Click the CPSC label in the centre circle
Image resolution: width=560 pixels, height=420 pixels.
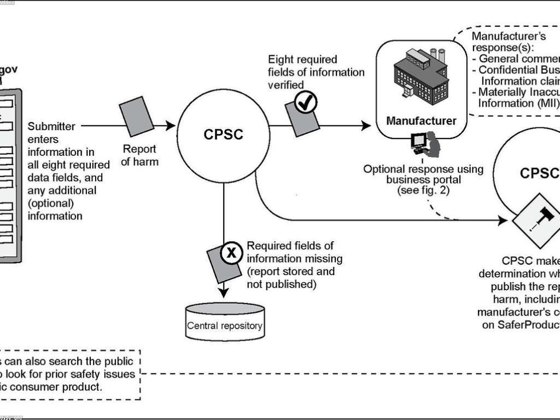pyautogui.click(x=223, y=135)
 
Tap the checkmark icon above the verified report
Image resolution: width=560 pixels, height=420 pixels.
pyautogui.click(x=306, y=102)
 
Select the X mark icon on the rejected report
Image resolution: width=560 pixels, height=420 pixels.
pyautogui.click(x=232, y=252)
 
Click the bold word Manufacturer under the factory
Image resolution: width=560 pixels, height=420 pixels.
pyautogui.click(x=421, y=121)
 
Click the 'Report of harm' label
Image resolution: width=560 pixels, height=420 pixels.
pyautogui.click(x=139, y=155)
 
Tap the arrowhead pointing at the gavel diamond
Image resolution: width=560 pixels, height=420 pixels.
pyautogui.click(x=504, y=221)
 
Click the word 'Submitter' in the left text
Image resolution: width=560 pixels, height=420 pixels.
pyautogui.click(x=52, y=126)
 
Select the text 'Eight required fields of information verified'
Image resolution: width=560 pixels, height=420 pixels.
pyautogui.click(x=316, y=72)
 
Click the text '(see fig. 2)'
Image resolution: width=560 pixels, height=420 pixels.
pyautogui.click(x=423, y=191)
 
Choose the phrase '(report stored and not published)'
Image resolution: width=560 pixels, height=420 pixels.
pyautogui.click(x=290, y=278)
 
